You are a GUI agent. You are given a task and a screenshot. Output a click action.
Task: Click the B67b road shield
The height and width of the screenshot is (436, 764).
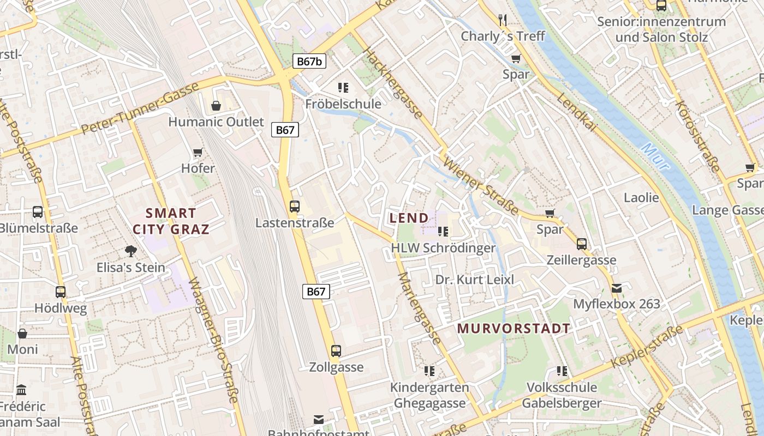tap(309, 61)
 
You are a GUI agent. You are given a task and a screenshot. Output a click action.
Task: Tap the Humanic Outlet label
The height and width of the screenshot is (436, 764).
tap(216, 122)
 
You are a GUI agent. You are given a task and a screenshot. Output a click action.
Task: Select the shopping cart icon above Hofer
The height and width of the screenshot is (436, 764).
tap(198, 152)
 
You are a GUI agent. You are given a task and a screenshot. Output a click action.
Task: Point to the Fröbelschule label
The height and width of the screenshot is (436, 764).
tap(343, 104)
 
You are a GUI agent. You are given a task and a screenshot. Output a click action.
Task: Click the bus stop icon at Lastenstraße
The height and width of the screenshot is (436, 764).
tap(295, 206)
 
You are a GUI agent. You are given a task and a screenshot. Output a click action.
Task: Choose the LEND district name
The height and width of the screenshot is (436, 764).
tap(409, 218)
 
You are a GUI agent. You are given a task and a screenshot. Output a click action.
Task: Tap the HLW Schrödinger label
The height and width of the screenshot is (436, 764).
tap(443, 248)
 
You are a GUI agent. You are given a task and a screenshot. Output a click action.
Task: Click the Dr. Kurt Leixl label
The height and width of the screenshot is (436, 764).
tap(475, 280)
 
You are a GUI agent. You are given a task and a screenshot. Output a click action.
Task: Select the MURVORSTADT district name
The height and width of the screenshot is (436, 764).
tap(514, 329)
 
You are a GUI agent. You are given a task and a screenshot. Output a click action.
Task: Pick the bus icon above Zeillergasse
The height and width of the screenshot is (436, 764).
tap(582, 244)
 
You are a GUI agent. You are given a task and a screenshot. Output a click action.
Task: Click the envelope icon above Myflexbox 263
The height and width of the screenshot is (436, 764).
tap(617, 288)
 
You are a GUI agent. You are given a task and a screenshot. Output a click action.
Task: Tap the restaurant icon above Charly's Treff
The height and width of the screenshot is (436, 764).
tap(503, 20)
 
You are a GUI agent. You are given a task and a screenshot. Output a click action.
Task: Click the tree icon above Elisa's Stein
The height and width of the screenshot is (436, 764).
tap(130, 251)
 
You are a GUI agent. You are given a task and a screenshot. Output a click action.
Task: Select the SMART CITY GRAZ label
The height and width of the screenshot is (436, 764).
tap(171, 221)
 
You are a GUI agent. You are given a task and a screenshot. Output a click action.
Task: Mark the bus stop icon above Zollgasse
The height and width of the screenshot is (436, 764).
tap(336, 351)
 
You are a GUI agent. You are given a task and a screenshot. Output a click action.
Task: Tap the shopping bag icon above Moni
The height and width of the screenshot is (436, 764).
tap(22, 333)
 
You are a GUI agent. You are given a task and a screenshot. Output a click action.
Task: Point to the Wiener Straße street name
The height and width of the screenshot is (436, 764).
tap(481, 185)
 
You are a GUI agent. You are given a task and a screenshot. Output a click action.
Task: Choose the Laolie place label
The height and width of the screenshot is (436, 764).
tap(641, 197)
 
